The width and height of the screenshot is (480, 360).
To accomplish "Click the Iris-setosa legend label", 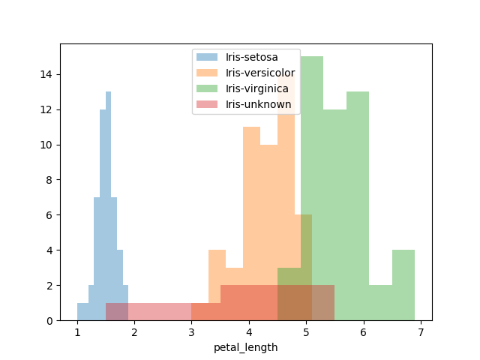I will tap(251, 57).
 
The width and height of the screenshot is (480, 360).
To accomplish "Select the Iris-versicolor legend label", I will tap(260, 73).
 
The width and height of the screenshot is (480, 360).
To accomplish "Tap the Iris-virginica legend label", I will tap(257, 88).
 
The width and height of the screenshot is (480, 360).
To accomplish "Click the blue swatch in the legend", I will tap(206, 57).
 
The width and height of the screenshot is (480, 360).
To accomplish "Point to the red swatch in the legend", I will tap(206, 103).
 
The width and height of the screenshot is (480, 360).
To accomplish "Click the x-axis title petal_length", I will tap(245, 347).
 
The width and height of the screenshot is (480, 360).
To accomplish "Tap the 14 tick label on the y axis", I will tap(45, 74).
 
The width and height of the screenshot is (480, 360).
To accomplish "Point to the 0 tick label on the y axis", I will tap(48, 321).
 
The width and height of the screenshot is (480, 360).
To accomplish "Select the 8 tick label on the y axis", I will tap(48, 180).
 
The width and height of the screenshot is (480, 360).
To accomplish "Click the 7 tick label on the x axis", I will tap(421, 332).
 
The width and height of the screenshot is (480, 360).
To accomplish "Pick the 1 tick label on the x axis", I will tap(77, 332).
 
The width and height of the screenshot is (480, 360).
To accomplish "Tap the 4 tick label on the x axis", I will tap(249, 332).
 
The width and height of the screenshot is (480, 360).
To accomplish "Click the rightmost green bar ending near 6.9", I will tap(403, 285).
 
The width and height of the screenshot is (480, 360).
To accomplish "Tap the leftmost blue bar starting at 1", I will tap(82, 312).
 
